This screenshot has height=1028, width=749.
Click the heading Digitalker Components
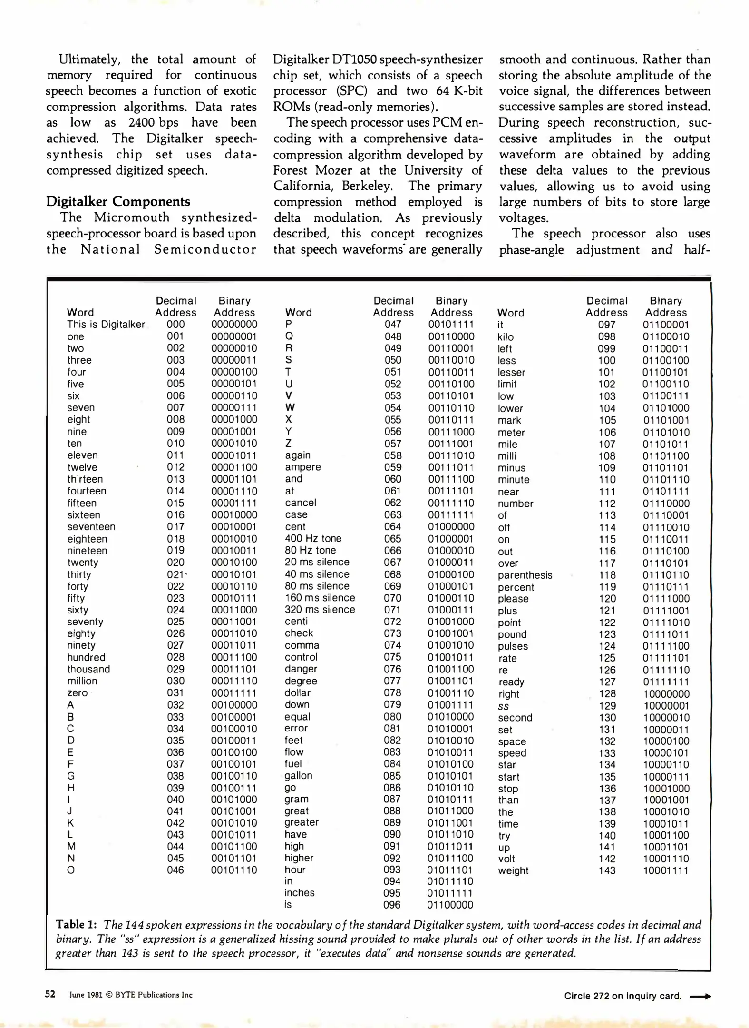pos(118,202)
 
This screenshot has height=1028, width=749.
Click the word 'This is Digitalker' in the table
pos(106,325)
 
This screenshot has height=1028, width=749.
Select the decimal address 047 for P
pos(393,325)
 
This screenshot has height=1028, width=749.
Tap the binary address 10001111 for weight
pos(666,870)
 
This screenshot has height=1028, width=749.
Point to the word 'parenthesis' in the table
pos(525,575)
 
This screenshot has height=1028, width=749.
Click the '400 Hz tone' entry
pos(313,538)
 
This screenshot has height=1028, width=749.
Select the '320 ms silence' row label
pos(320,610)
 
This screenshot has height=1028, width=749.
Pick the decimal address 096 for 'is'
pos(392,905)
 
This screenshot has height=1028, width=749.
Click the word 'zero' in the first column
pos(77,693)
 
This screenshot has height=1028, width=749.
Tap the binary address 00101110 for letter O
pos(234,870)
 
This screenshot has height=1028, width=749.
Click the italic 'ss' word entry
pos(503,706)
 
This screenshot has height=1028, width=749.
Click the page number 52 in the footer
pos(50,994)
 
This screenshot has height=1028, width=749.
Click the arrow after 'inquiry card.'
pos(700,996)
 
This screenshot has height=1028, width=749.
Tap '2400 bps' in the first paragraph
pos(153,122)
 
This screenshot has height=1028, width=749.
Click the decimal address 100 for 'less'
pos(606,361)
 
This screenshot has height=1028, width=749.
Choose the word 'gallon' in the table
pos(298,776)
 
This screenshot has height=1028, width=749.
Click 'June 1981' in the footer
pos(86,995)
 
